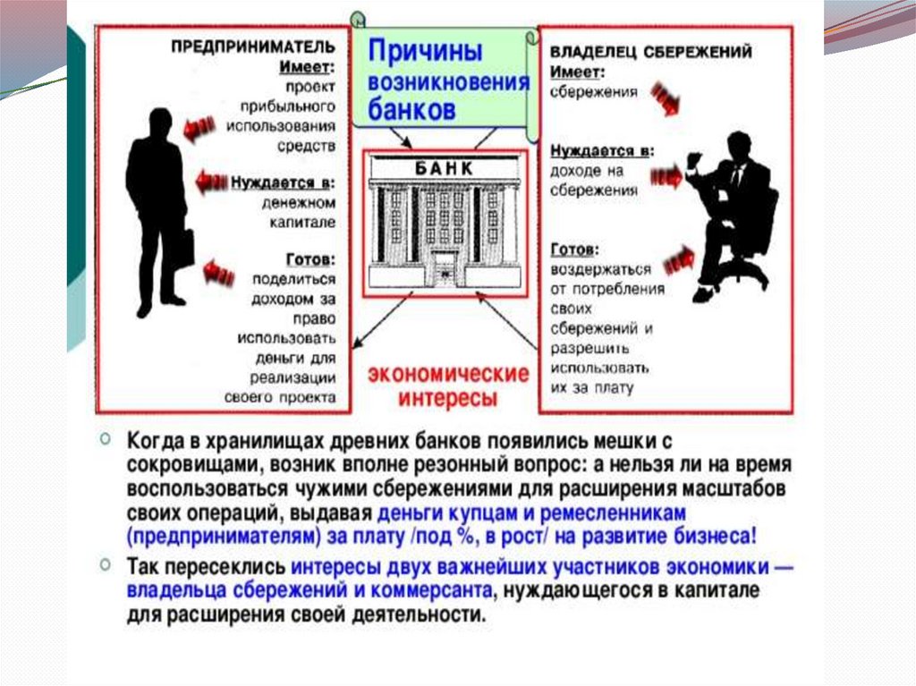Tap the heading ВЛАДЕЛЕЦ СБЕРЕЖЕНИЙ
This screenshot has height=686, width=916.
point(650,52)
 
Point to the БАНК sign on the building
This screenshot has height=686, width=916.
point(444,169)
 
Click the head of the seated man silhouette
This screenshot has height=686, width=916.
point(739,145)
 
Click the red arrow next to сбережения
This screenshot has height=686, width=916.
point(665,97)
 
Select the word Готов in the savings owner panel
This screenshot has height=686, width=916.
point(573,250)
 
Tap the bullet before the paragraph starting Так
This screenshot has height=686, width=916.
point(106,565)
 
